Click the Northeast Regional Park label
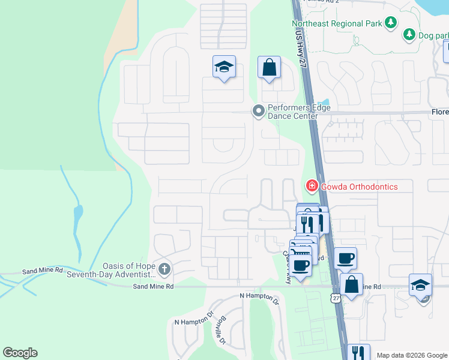click(337, 24)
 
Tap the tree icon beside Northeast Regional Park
click(391, 23)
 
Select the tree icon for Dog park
click(409, 35)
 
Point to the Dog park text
click(434, 35)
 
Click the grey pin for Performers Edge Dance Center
click(259, 110)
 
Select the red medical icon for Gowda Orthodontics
click(312, 187)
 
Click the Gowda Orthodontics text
click(359, 187)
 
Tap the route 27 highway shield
click(335, 297)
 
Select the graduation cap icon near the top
click(224, 67)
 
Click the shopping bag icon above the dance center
click(270, 67)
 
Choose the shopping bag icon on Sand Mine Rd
click(351, 284)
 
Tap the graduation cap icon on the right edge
click(420, 284)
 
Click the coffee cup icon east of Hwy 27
click(345, 258)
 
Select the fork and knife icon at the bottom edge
click(358, 352)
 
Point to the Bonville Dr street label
click(218, 330)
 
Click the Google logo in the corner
click(20, 353)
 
